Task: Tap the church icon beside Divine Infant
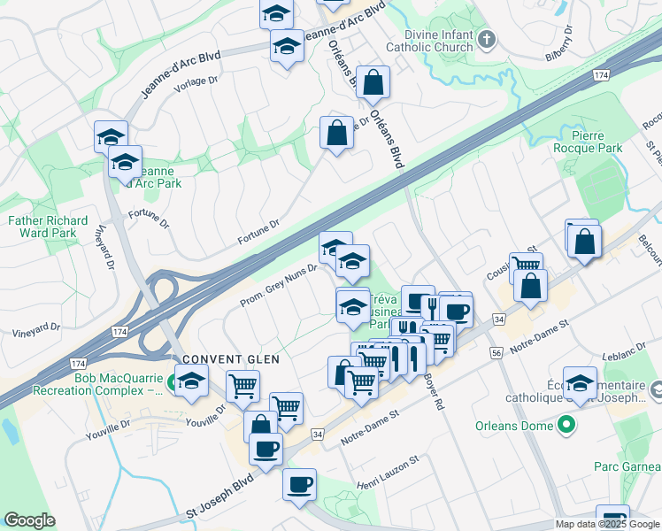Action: [487, 40]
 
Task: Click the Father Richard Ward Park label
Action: [48, 227]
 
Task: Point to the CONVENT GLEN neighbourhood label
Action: [232, 359]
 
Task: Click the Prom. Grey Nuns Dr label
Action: [279, 285]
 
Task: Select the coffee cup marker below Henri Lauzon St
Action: [299, 484]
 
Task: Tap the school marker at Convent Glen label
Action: [191, 381]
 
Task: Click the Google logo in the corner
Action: [30, 520]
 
